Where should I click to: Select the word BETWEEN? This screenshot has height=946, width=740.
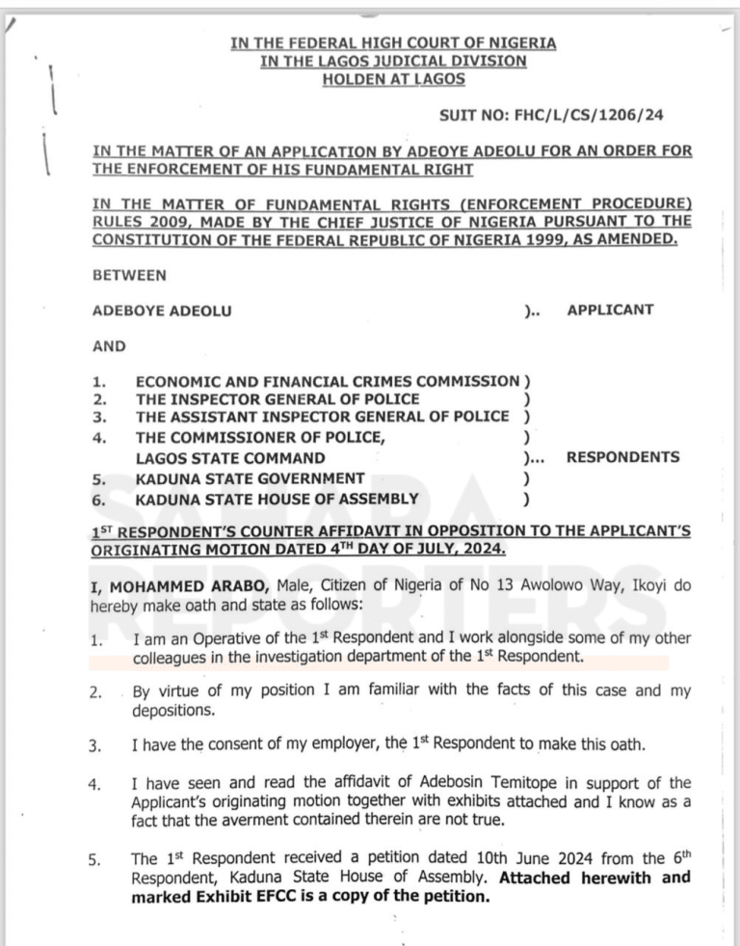[x=129, y=275]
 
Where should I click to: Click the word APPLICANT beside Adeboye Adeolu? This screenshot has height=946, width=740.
[x=610, y=310]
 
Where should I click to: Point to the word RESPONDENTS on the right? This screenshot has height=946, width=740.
[x=622, y=457]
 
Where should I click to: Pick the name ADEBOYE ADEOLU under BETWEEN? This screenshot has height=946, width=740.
[x=161, y=311]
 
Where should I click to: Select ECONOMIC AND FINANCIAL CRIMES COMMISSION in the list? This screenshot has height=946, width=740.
[x=327, y=382]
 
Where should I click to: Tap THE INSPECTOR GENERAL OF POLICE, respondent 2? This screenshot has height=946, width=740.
[x=277, y=399]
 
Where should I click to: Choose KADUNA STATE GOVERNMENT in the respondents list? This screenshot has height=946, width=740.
[x=250, y=478]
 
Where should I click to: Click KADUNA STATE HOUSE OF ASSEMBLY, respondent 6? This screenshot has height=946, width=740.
[x=277, y=499]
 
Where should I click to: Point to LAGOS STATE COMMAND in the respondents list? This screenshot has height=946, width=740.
[x=230, y=457]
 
